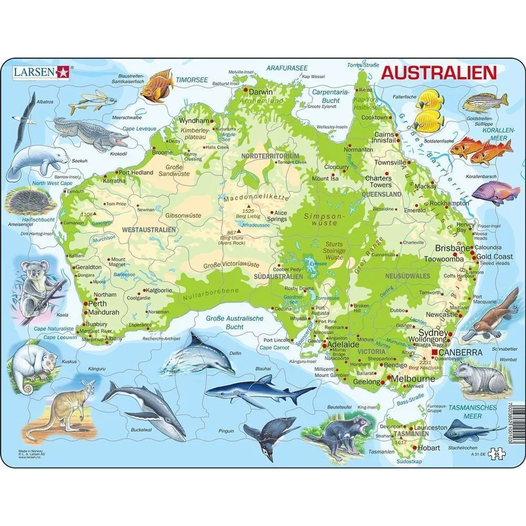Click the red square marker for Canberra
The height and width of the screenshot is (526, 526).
pos(435,352)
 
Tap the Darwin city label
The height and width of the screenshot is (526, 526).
pos(260,92)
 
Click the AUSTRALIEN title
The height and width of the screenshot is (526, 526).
pos(439,73)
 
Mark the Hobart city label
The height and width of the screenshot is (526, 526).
pos(429,448)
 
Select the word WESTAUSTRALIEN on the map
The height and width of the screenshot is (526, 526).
pos(149,230)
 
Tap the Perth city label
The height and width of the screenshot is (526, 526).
pos(97,304)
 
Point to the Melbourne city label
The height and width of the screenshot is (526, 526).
pos(413,379)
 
